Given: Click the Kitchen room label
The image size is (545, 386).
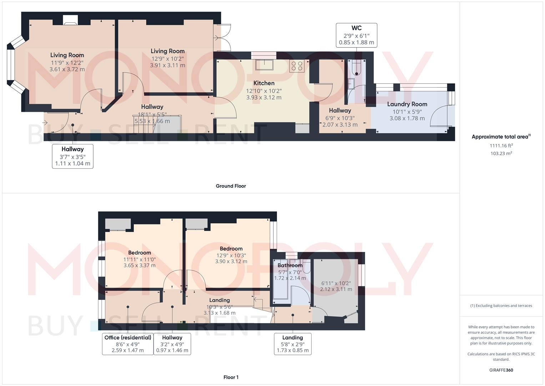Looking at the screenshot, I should coord(264,83).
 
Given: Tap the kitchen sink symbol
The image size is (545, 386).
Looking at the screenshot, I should coord(264,65).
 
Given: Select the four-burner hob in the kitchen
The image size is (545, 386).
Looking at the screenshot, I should coord(297,66).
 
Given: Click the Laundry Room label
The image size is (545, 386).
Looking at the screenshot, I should coord(407,104).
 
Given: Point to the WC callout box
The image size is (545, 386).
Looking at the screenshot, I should coord(356,35).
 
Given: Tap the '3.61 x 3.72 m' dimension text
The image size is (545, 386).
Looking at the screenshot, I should coord(67,69).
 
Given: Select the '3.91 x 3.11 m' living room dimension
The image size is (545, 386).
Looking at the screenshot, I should coord(167,65).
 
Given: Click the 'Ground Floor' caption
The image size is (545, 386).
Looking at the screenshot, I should coord(231,186).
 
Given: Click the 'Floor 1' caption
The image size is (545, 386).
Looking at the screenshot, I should coord(231,377).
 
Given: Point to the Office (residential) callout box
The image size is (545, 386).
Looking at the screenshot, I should coord(127,344).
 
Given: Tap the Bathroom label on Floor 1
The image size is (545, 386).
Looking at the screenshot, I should coord(290,266).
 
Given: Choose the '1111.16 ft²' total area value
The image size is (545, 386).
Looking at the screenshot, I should coord(501,146).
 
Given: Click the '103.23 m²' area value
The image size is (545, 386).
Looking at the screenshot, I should coord(501,153).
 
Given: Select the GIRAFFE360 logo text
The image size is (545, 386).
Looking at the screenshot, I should coord(501,370).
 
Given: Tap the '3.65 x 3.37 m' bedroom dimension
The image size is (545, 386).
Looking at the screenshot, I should coord(139,266).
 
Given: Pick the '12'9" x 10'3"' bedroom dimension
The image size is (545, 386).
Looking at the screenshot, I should coord(231,255).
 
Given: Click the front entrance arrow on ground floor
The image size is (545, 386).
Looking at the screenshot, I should coord(45,123).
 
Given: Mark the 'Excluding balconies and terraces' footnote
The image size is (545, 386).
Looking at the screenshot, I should coord(501,306).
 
